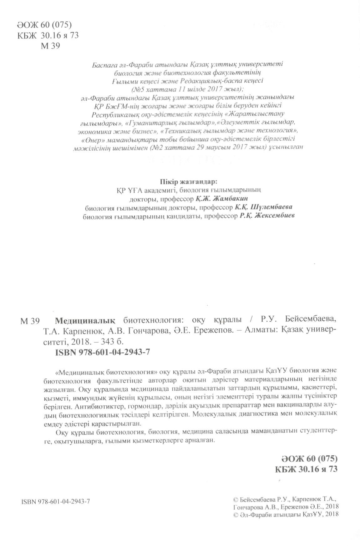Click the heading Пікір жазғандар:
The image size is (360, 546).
(184, 182)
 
